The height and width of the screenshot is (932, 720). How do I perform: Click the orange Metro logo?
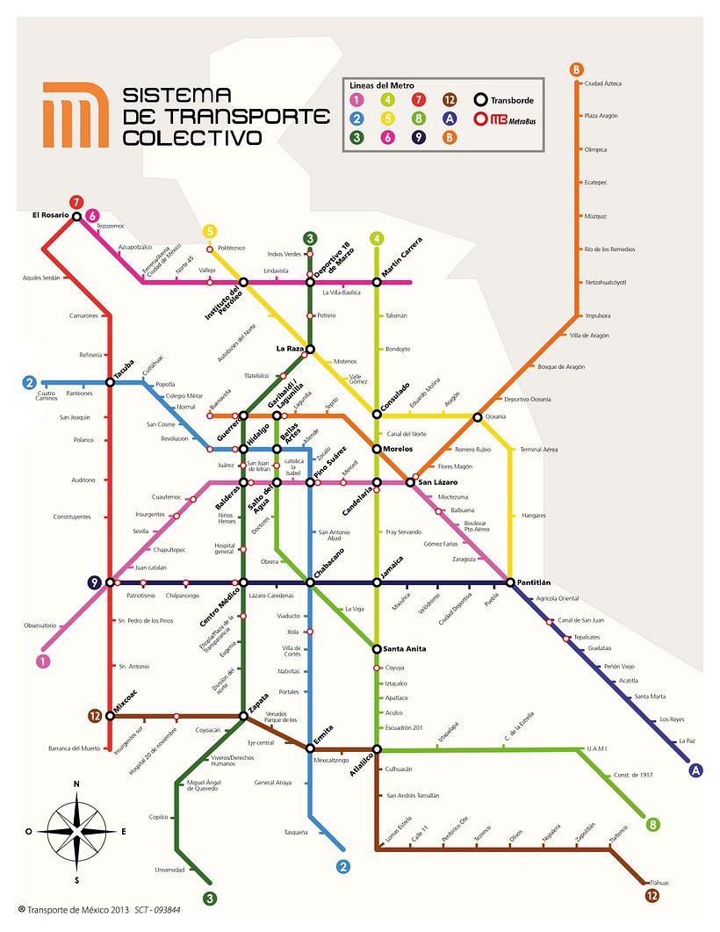[x=76, y=113]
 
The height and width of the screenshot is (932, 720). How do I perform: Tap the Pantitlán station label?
[x=534, y=582]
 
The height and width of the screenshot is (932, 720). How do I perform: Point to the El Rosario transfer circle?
[x=76, y=216]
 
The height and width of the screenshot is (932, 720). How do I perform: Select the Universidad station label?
[x=170, y=871]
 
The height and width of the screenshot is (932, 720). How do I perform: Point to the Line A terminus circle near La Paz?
[x=696, y=770]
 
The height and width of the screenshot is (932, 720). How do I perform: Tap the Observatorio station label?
[x=40, y=625]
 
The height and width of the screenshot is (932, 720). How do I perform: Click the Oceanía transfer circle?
[x=478, y=416]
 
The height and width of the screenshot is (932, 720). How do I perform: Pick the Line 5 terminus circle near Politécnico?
[x=209, y=232]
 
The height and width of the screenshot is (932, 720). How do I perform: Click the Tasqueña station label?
[x=295, y=832]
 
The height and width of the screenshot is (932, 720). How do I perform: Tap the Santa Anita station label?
[x=405, y=649]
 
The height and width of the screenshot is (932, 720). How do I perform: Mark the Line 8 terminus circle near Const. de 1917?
[x=652, y=825]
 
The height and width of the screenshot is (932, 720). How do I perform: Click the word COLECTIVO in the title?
[x=192, y=138]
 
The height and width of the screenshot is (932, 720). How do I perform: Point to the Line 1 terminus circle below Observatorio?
[x=42, y=661]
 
